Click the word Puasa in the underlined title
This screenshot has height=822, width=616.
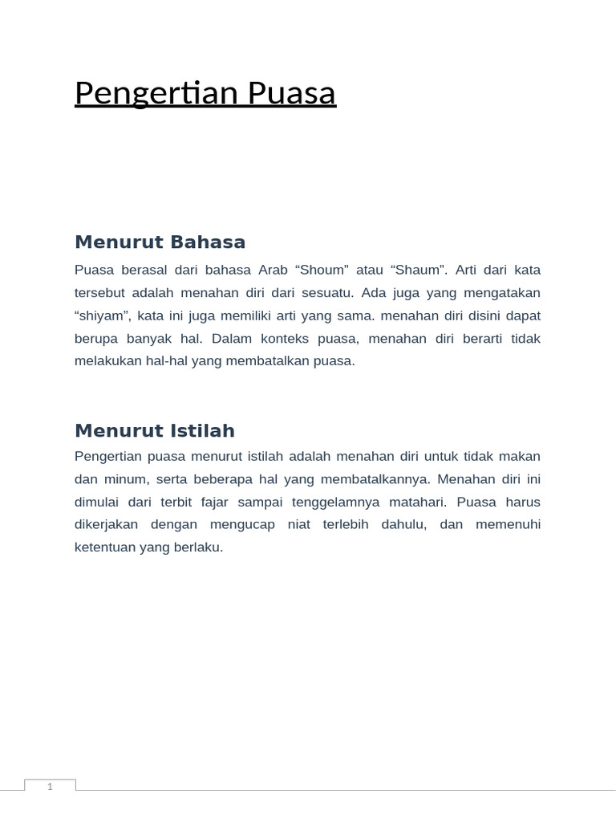pos(292,94)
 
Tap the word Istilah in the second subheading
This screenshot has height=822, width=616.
pos(203,431)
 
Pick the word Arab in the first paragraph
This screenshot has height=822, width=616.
pos(273,270)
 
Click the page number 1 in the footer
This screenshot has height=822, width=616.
pos(50,787)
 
